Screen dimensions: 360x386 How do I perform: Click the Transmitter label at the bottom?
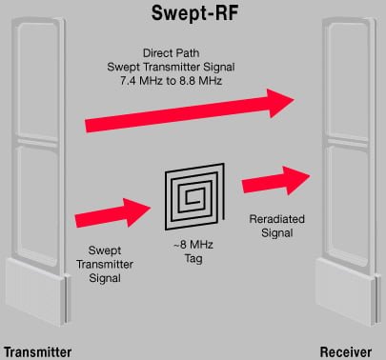(x=37, y=350)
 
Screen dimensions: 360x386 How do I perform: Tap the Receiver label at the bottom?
(x=347, y=350)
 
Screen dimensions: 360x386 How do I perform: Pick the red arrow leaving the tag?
(x=272, y=181)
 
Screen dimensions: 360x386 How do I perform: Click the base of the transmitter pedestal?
(x=38, y=290)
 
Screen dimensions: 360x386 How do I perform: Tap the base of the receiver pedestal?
(x=348, y=290)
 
